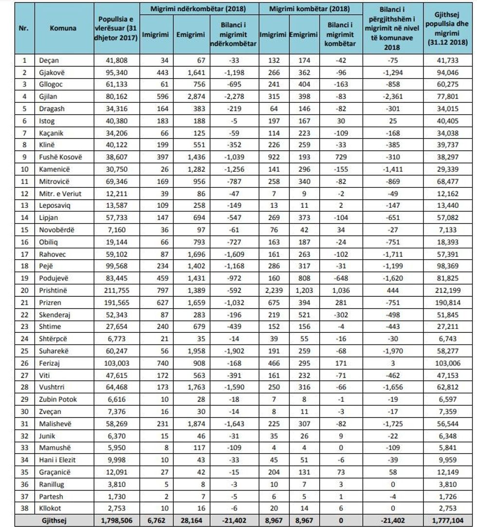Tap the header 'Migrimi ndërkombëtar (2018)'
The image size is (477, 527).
click(x=200, y=9)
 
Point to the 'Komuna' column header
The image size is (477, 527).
click(x=63, y=28)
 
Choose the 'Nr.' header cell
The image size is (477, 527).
click(x=23, y=28)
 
